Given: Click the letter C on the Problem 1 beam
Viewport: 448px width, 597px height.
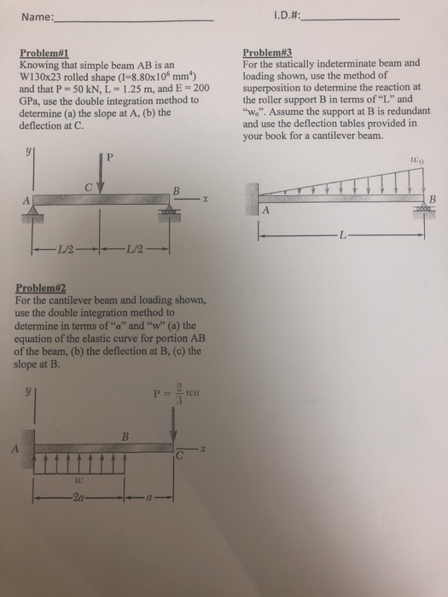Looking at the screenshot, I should click(x=88, y=187).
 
